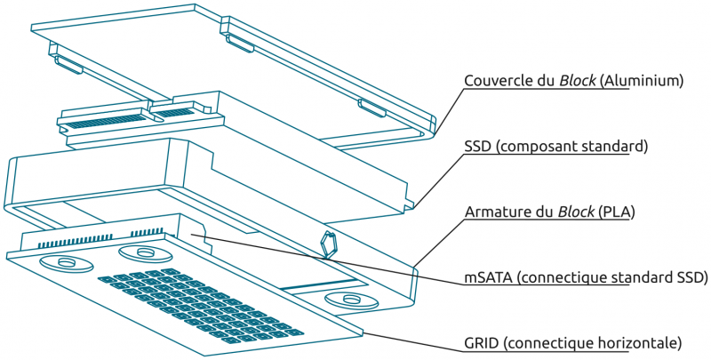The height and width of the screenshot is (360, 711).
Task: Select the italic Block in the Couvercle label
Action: [x=578, y=81]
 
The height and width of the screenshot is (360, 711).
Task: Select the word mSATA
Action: [x=486, y=276]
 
